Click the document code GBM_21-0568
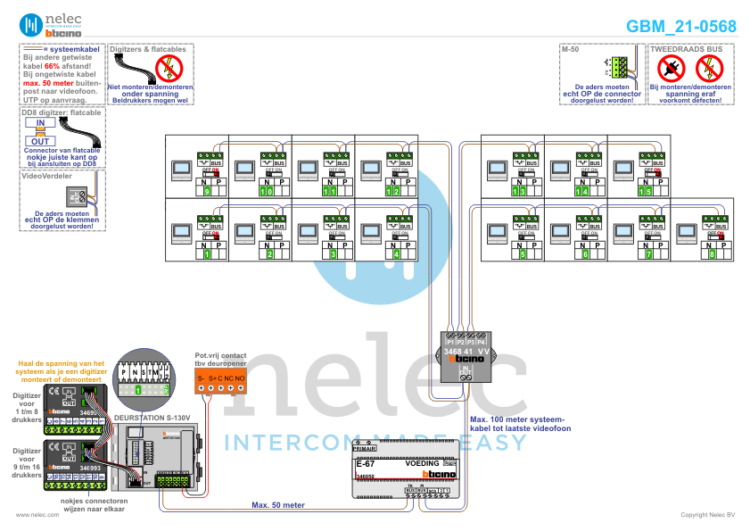tap(680, 26)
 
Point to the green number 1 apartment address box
tap(207, 255)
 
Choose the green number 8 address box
tap(711, 255)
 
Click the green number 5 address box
tap(523, 255)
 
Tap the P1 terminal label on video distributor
tap(449, 342)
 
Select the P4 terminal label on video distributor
tap(482, 342)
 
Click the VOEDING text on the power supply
tap(423, 464)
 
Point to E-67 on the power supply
tap(365, 464)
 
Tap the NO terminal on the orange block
tap(240, 380)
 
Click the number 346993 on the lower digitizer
tap(90, 468)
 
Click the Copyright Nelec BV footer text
tap(708, 515)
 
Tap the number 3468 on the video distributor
tap(454, 352)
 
